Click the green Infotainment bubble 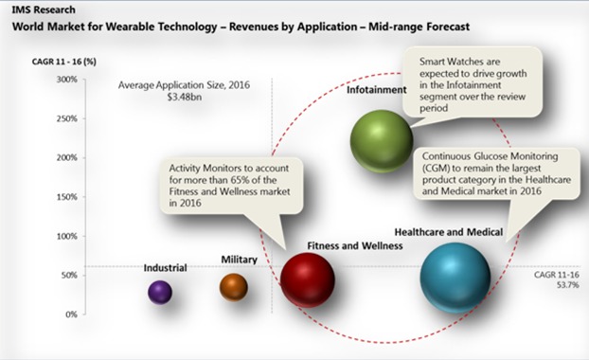(x=382, y=141)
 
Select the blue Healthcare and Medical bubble (x=455, y=278)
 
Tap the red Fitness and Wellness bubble (x=307, y=279)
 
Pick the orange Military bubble (x=234, y=287)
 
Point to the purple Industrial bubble (x=160, y=292)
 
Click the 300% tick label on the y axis (x=67, y=80)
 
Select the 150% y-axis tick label (x=67, y=197)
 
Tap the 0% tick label (x=71, y=315)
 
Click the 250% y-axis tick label (x=67, y=118)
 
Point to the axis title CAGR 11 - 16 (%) (x=64, y=62)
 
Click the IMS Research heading (x=44, y=9)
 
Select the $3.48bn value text (x=185, y=98)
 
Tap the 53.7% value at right (x=567, y=285)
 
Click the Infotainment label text (x=376, y=90)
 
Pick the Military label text (x=239, y=260)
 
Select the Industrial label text (x=166, y=268)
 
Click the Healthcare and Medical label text (x=449, y=232)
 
